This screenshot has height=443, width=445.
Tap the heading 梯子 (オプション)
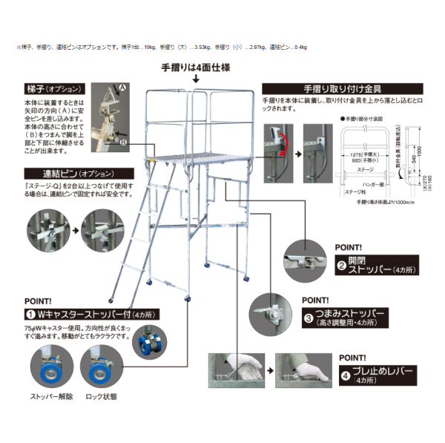click(53, 88)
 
